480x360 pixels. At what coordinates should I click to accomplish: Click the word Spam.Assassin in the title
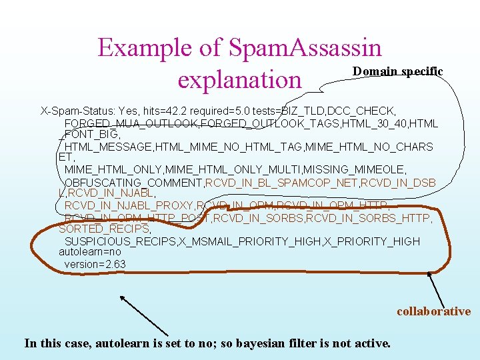305,47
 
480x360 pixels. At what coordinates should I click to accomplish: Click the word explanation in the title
240,79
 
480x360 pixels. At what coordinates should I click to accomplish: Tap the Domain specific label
398,71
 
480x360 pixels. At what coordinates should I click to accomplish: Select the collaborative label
433,311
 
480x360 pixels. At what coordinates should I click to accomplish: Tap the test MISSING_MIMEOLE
366,170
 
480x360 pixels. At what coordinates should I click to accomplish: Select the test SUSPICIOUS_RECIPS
119,241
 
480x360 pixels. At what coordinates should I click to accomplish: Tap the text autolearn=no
90,252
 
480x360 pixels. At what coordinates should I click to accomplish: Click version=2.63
95,264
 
